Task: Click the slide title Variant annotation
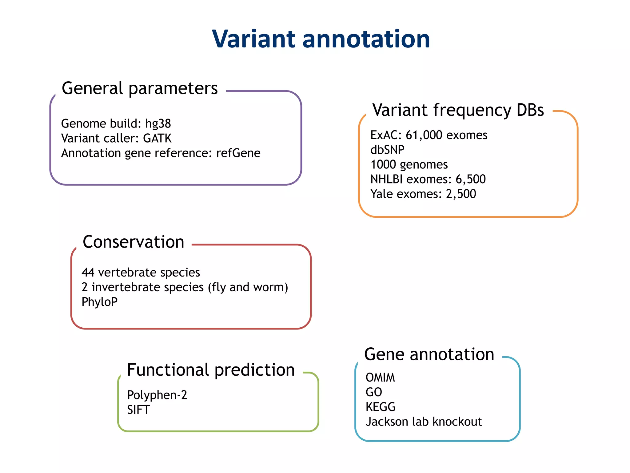click(x=321, y=39)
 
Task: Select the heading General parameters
click(x=140, y=88)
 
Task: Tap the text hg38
click(x=158, y=124)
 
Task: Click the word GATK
click(x=157, y=138)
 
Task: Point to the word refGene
click(x=238, y=153)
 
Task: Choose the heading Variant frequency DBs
click(x=458, y=110)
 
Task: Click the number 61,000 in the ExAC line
click(x=424, y=135)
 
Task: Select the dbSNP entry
click(x=387, y=150)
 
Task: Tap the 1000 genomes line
click(x=409, y=165)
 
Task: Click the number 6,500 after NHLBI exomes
click(x=470, y=179)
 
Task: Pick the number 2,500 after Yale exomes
click(x=461, y=194)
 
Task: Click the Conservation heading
click(x=134, y=242)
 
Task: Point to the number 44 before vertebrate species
click(x=88, y=273)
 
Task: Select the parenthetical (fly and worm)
click(x=248, y=287)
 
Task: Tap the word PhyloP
click(x=99, y=302)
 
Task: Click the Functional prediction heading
click(x=211, y=370)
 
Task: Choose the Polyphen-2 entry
click(x=157, y=395)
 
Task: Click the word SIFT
click(x=138, y=410)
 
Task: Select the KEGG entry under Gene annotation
click(x=380, y=407)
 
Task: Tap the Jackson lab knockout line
click(x=424, y=422)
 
